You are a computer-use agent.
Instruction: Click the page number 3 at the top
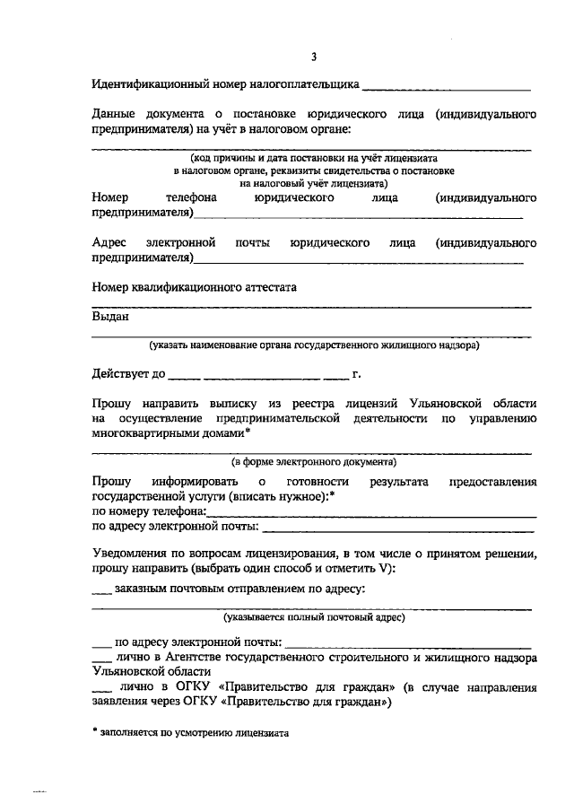click(x=314, y=58)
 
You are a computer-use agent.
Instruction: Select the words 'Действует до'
click(x=127, y=373)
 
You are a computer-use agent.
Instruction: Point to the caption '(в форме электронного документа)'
click(x=314, y=462)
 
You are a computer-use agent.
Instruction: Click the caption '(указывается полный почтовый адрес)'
click(x=315, y=617)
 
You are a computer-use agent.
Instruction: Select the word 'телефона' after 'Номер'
click(x=191, y=196)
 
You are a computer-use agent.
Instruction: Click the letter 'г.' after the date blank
click(x=357, y=373)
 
